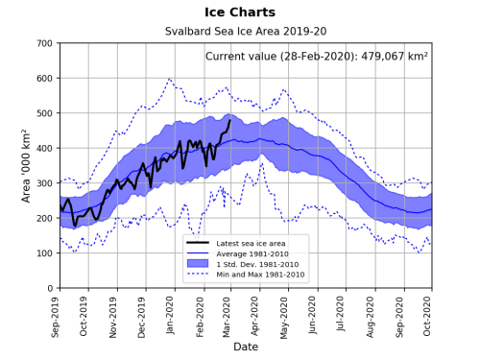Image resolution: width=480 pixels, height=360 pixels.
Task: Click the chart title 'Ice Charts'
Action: (239, 12)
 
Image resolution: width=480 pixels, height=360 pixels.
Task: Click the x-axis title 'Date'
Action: (245, 347)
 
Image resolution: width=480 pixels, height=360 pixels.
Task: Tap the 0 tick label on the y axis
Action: (49, 288)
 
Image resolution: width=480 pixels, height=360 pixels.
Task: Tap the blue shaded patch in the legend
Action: (201, 262)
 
